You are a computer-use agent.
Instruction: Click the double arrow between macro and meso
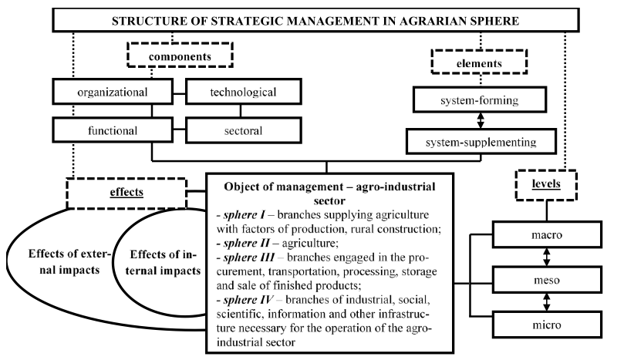[547, 257]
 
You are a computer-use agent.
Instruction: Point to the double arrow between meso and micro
[547, 302]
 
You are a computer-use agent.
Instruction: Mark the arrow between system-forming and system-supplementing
[481, 120]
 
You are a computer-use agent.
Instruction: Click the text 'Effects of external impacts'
[69, 262]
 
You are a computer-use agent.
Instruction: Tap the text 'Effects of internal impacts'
[164, 262]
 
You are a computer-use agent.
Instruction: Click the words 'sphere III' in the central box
[248, 257]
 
